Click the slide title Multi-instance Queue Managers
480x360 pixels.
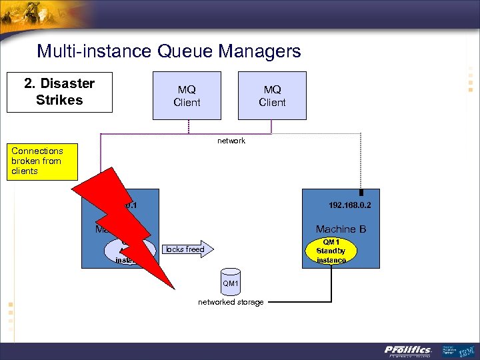[169, 51]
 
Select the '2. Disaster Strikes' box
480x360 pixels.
[59, 92]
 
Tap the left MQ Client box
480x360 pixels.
[187, 95]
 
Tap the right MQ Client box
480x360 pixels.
[272, 95]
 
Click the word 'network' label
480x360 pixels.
[231, 141]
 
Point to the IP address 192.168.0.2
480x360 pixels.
[349, 205]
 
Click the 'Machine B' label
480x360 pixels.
[341, 229]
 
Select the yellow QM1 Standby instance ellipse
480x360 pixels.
[331, 251]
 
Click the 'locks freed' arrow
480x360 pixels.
[186, 249]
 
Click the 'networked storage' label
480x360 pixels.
[231, 303]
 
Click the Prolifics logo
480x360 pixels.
[408, 350]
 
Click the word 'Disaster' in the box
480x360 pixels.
[67, 83]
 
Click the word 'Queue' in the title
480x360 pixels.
[189, 51]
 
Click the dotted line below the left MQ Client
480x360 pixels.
[188, 127]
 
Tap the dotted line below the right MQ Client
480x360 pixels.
[272, 127]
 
